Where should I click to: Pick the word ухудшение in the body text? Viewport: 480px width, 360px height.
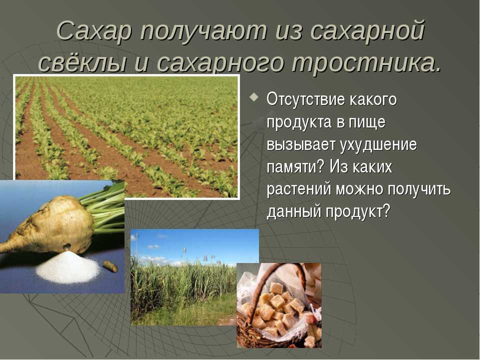click(x=378, y=145)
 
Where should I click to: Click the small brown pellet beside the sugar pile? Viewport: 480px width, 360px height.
click(x=110, y=266)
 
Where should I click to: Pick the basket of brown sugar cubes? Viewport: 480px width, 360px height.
click(x=279, y=305)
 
